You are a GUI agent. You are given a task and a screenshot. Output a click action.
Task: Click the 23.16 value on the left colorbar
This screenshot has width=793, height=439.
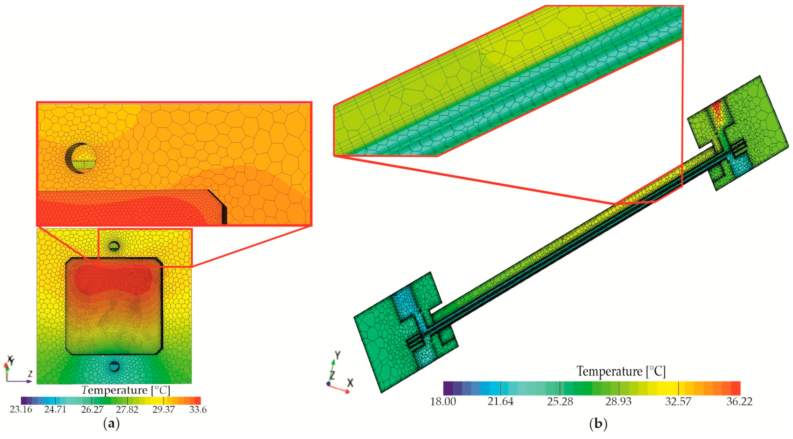(x=21, y=410)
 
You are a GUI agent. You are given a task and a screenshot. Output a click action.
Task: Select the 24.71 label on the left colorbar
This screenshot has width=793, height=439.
(x=55, y=410)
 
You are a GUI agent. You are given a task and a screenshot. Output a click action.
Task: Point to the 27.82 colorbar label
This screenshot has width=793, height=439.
(x=127, y=410)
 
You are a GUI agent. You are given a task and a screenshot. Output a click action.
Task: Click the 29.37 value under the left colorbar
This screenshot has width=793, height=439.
(x=163, y=410)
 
